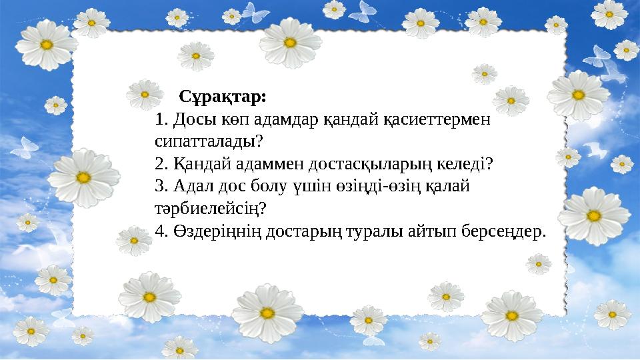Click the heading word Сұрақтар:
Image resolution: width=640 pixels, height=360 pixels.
pos(223,97)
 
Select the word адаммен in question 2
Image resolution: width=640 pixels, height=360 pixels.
pos(260,164)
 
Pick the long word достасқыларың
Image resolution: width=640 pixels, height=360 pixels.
pos(365,164)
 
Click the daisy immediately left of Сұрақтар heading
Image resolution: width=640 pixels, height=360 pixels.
pos(143,93)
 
